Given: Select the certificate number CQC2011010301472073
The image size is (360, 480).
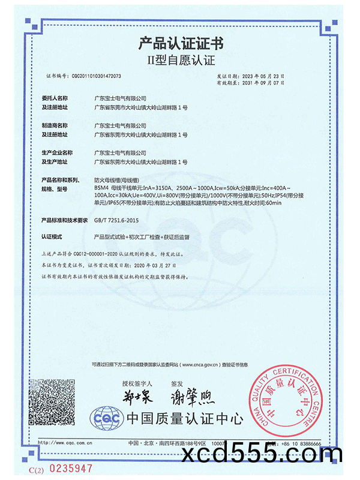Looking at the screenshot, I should click(97, 77).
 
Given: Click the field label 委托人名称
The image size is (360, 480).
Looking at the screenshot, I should click(55, 98).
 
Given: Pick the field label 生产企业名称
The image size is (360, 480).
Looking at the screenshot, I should click(56, 153).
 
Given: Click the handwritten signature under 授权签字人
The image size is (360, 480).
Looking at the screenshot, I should click(138, 397).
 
